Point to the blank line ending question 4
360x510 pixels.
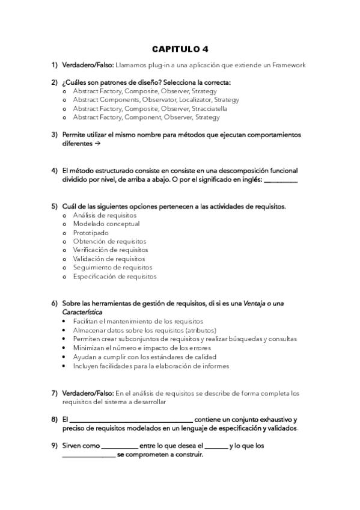281,179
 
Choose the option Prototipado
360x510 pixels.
91,233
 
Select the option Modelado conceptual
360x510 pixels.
106,224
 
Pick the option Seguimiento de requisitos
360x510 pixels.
112,268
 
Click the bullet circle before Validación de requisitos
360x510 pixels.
65,259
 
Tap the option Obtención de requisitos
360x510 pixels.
110,241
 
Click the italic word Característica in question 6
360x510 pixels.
82,312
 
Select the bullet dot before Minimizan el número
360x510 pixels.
65,348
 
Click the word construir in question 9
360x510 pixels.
188,455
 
